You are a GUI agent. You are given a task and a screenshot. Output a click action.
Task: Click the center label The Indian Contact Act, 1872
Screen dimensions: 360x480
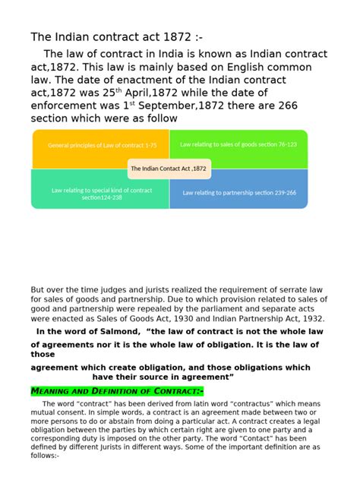click(x=169, y=169)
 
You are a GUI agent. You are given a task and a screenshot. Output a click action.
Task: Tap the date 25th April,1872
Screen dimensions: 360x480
click(x=153, y=93)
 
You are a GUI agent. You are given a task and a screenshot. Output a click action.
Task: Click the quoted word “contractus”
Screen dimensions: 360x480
click(x=266, y=403)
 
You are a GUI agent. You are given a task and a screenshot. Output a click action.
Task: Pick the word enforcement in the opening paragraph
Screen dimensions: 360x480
click(x=65, y=106)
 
